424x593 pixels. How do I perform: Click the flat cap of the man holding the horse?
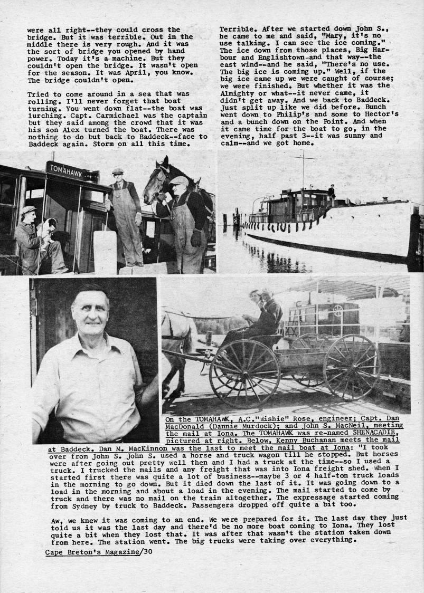click(178, 180)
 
